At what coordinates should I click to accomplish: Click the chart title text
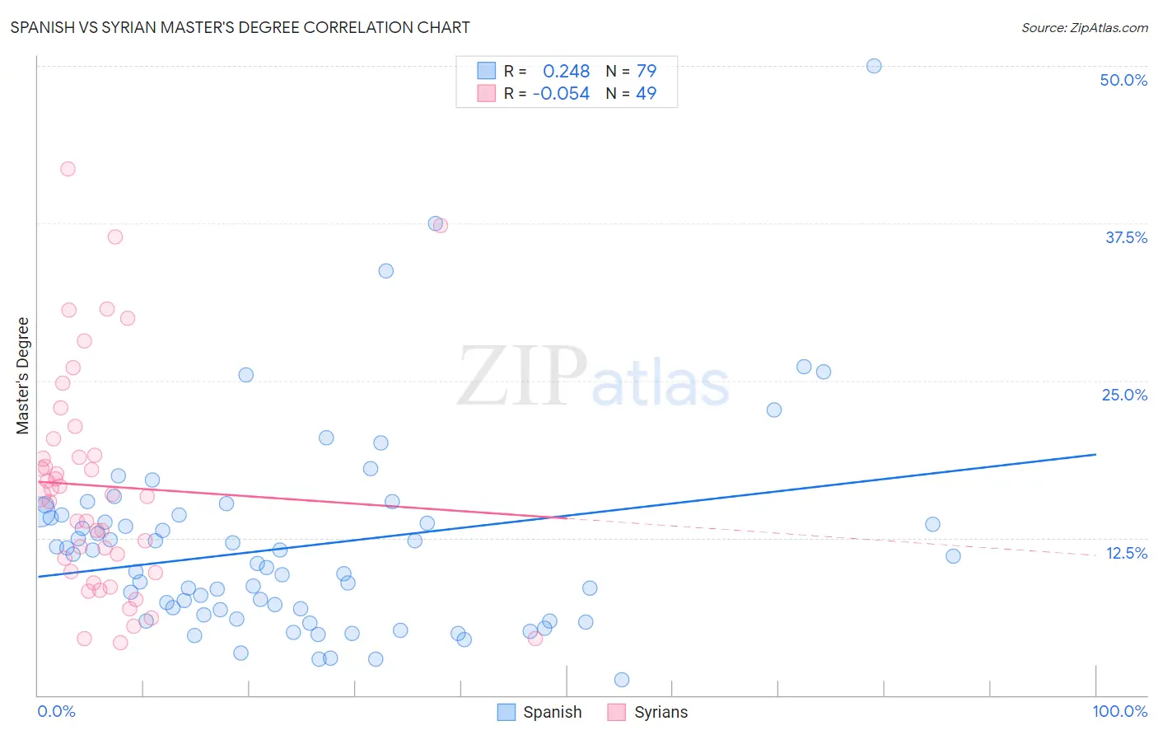(240, 27)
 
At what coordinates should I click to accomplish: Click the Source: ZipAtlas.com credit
(1084, 27)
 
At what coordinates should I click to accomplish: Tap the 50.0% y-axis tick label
(1123, 80)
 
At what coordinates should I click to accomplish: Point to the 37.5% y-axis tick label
(1126, 237)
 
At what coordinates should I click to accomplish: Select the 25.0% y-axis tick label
(1124, 395)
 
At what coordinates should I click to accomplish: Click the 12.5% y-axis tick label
(1126, 553)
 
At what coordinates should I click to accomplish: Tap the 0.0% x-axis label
(56, 711)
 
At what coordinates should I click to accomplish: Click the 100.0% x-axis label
(1119, 711)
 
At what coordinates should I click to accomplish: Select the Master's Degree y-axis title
(23, 375)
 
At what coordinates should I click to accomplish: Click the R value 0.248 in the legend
(566, 72)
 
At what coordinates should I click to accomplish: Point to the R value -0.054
(561, 94)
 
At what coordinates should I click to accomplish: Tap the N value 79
(647, 72)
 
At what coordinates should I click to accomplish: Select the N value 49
(647, 94)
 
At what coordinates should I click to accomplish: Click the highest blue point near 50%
(874, 66)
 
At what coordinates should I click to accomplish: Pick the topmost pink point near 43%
(68, 169)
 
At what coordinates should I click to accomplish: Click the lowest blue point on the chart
(622, 680)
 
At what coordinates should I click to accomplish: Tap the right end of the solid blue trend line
(1095, 454)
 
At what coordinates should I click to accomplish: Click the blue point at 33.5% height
(385, 271)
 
